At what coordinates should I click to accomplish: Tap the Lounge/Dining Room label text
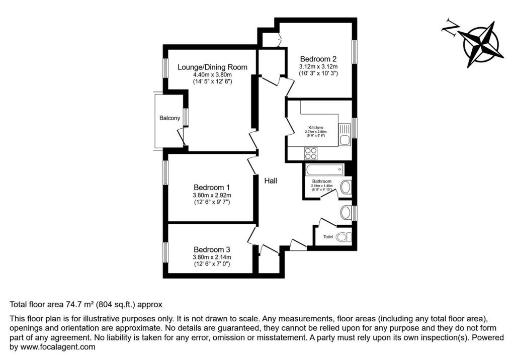point(212,67)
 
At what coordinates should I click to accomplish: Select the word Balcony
point(169,118)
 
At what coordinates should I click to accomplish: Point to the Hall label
point(271,181)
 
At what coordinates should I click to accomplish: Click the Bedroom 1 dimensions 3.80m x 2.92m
point(212,195)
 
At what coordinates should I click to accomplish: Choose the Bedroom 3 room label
point(212,249)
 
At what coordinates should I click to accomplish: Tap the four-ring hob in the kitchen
point(311,153)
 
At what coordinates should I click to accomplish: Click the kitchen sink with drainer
point(345,134)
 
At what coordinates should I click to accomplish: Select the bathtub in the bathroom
point(324,169)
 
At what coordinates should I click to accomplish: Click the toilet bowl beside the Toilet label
point(343,237)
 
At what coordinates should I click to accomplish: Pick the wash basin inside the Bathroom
point(346,188)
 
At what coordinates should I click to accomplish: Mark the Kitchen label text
point(316,128)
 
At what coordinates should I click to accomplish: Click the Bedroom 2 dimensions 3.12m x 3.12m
point(318,66)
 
